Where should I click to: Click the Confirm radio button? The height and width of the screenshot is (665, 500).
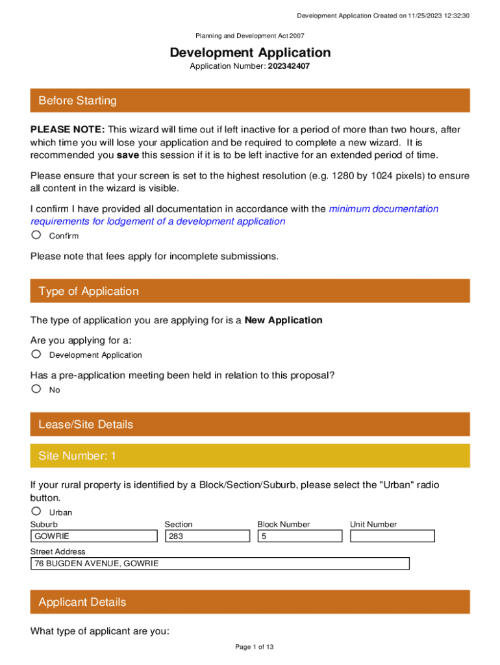tap(36, 234)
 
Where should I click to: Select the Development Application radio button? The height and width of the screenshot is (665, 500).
tap(36, 354)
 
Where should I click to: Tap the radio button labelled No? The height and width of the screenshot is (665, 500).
tap(36, 389)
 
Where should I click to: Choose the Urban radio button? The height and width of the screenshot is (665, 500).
tap(36, 511)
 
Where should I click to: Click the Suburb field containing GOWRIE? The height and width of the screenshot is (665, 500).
tap(94, 536)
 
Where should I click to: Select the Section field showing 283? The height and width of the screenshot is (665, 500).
tap(207, 536)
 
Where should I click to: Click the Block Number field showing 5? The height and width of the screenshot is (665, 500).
tap(299, 536)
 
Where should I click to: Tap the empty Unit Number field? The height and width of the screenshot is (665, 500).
tap(392, 536)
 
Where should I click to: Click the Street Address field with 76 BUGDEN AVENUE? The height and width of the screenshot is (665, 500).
tap(220, 564)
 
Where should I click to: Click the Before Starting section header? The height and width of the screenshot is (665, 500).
tap(250, 101)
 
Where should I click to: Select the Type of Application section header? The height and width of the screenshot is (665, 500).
tap(250, 291)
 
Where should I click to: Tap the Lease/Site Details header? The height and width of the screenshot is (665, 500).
tap(250, 424)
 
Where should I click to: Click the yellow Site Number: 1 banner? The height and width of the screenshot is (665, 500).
tap(250, 456)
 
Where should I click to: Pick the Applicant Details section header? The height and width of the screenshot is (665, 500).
tap(250, 602)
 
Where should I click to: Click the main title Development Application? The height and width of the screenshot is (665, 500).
tap(250, 53)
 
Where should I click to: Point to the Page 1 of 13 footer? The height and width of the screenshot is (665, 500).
tap(250, 647)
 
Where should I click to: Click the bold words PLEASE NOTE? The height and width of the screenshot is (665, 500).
tap(68, 130)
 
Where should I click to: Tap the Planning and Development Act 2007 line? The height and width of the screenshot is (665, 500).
tap(250, 36)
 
